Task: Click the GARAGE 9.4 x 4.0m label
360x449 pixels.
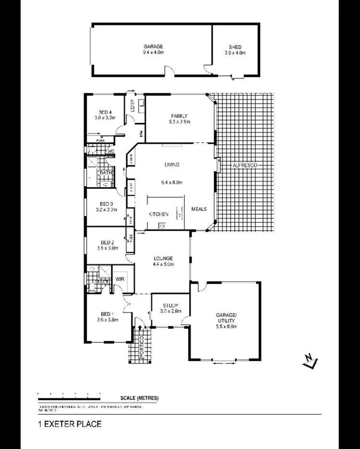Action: pos(152,49)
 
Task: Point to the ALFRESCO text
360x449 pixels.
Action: pos(245,165)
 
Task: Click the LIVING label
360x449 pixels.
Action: pos(171,165)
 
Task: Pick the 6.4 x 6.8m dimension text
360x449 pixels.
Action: pos(171,182)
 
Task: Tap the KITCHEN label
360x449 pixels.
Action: pos(158,214)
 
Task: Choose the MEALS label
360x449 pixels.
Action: pos(199,209)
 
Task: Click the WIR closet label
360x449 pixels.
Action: pos(119,278)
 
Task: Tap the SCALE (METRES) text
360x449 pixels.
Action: pos(140,399)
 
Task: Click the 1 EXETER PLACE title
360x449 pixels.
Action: pos(70,424)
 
